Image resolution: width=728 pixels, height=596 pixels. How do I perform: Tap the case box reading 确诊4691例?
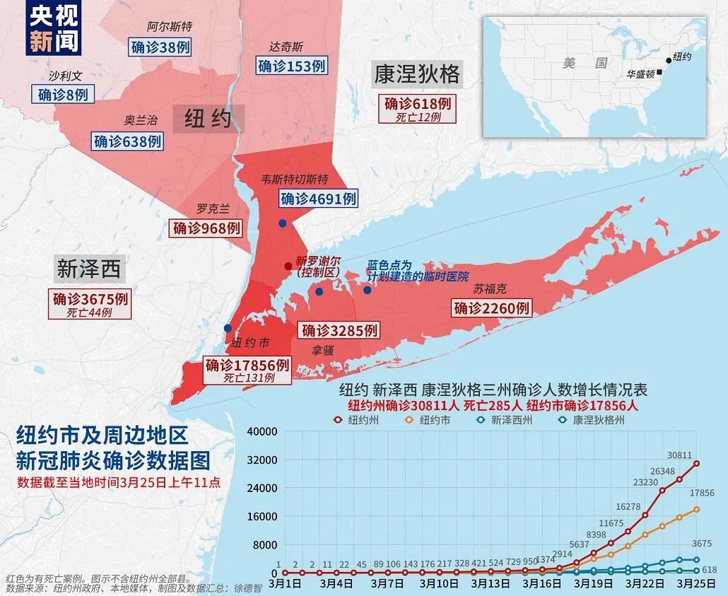tap(318, 199)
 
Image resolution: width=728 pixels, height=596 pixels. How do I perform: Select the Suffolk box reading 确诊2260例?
tap(491, 308)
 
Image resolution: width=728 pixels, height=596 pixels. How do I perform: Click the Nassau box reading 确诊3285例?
tap(339, 330)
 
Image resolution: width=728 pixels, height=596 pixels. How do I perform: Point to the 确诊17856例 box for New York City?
tap(247, 366)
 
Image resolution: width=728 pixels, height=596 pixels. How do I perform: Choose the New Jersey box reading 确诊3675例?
tap(90, 299)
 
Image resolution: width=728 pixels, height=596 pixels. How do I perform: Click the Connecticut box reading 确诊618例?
tap(418, 103)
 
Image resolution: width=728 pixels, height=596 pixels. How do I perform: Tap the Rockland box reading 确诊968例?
tap(207, 228)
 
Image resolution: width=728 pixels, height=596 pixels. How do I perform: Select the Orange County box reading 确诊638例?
tap(127, 141)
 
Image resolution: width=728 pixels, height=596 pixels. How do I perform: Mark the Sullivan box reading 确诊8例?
tap(63, 94)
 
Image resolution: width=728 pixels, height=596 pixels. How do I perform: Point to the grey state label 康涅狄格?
tap(417, 74)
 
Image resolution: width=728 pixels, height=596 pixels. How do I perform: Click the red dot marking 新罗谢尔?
tap(288, 266)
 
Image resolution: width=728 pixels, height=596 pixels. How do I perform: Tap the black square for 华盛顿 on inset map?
tap(659, 72)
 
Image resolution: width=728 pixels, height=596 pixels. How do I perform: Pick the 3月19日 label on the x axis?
tap(588, 584)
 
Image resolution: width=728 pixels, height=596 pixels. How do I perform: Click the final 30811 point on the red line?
tap(696, 464)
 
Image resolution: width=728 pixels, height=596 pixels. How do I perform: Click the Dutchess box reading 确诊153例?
tap(291, 66)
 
